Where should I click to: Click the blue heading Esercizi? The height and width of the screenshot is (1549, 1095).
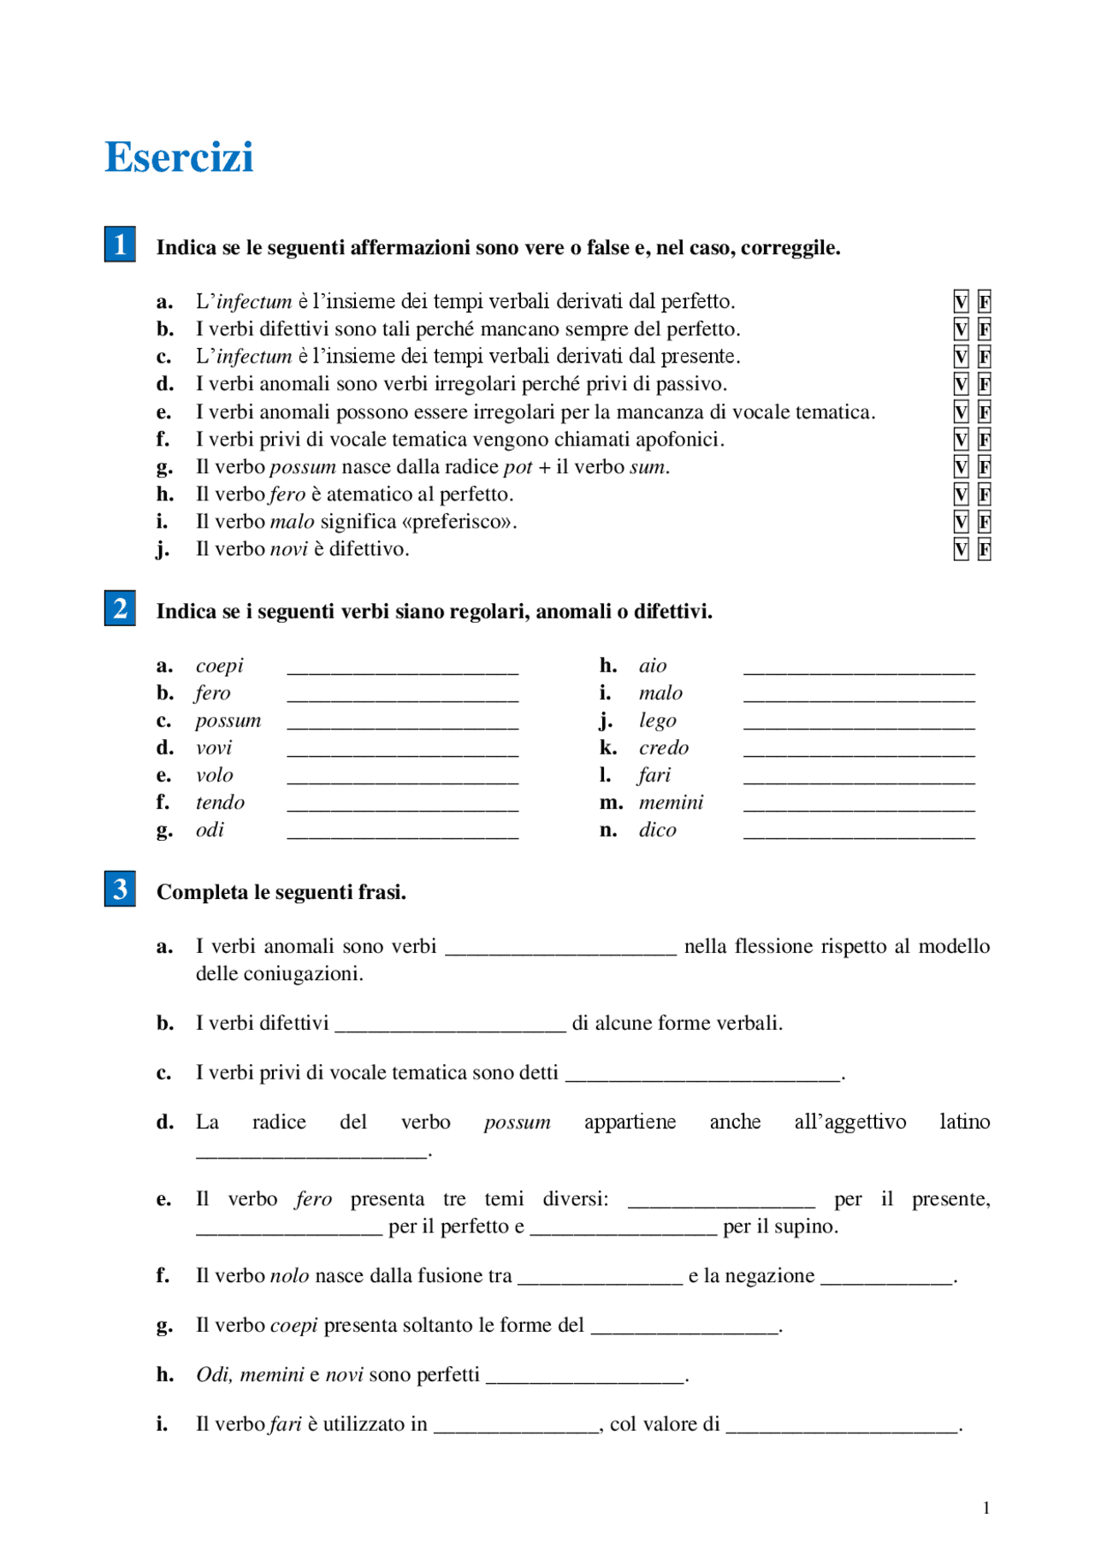179,157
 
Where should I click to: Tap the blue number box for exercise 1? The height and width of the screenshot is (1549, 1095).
120,245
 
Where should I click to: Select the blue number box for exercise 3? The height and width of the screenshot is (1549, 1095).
120,890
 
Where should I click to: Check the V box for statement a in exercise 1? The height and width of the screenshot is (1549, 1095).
961,302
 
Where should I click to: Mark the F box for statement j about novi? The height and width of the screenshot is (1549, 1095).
985,550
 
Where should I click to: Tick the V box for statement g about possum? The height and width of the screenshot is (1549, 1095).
961,467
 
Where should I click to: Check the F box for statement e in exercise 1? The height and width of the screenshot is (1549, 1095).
985,412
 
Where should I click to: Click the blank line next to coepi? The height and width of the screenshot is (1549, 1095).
402,670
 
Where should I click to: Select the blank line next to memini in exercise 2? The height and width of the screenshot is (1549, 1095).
859,807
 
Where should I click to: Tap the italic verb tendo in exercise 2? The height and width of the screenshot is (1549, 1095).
220,803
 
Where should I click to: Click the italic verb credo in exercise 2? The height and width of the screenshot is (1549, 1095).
663,748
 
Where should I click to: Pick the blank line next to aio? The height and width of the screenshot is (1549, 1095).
859,670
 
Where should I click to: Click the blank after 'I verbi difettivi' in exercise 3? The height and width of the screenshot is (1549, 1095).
450,1027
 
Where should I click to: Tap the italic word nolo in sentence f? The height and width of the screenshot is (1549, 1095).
289,1276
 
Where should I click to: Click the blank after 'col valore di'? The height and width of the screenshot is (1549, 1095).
842,1428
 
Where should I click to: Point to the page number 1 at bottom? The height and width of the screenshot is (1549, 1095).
986,1508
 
